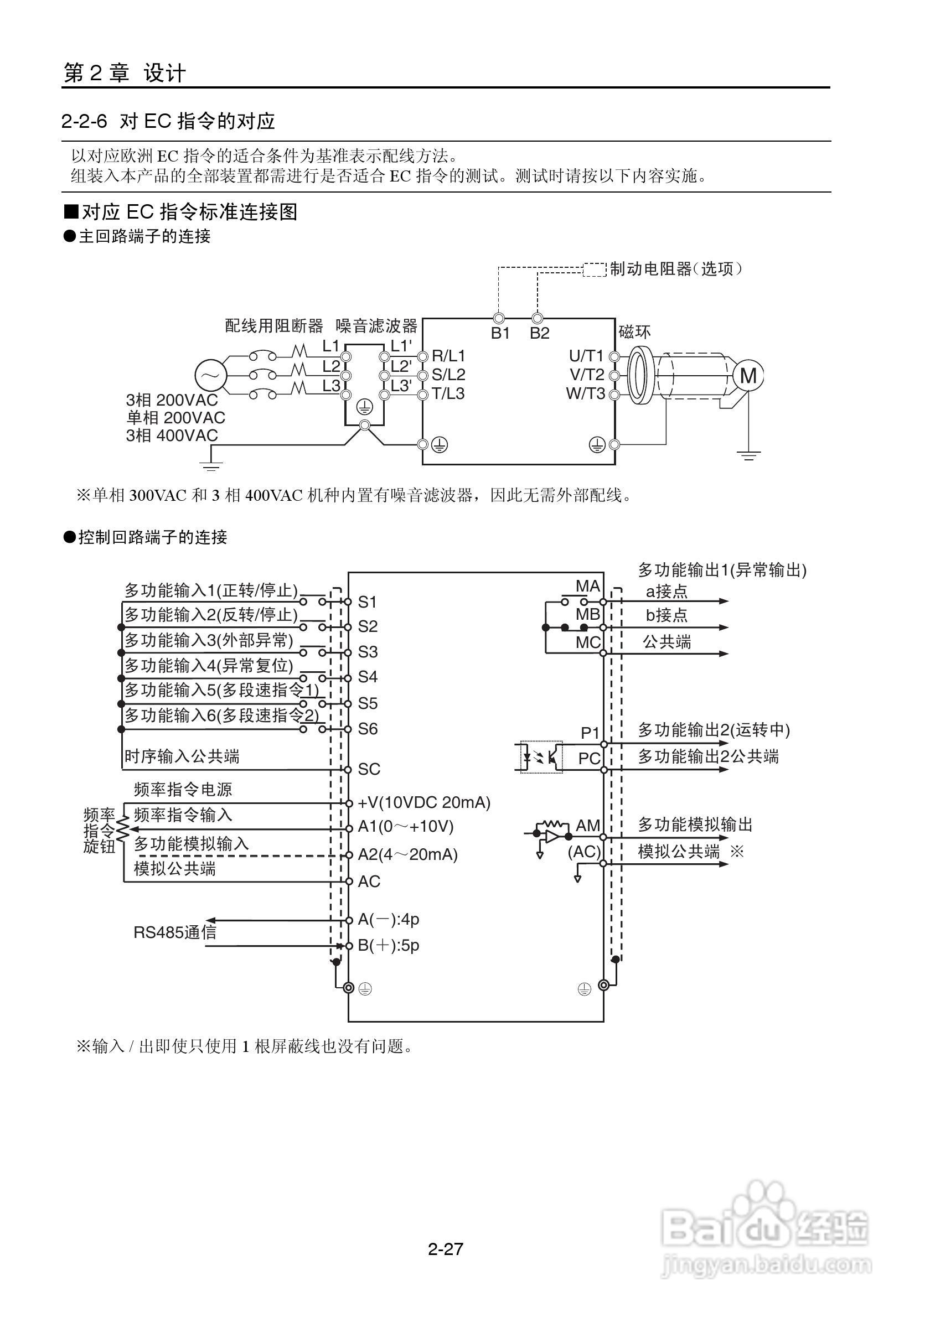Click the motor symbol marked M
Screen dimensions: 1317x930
[x=747, y=376]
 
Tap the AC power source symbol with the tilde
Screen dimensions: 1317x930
[x=210, y=376]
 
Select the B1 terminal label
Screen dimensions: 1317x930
[x=500, y=334]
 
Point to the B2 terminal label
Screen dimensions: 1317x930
[x=539, y=334]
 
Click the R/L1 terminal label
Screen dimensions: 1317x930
[x=448, y=356]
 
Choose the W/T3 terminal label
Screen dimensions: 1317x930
[x=585, y=394]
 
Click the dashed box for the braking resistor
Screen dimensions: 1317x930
[x=595, y=269]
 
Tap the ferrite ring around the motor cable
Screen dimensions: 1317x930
[x=637, y=376]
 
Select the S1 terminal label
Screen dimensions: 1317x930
[x=367, y=602]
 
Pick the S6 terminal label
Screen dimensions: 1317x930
[x=368, y=729]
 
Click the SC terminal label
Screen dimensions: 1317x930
[x=369, y=769]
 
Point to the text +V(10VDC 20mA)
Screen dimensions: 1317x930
[x=424, y=802]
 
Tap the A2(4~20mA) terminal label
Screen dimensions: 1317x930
[x=407, y=855]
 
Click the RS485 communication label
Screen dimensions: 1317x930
[x=175, y=932]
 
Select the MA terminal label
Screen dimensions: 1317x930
[x=587, y=586]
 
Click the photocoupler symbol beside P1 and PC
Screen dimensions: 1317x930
[x=541, y=758]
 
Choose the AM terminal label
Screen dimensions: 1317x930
[x=587, y=826]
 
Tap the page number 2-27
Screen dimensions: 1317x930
[x=445, y=1249]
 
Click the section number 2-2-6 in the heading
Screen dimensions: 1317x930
[x=84, y=122]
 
